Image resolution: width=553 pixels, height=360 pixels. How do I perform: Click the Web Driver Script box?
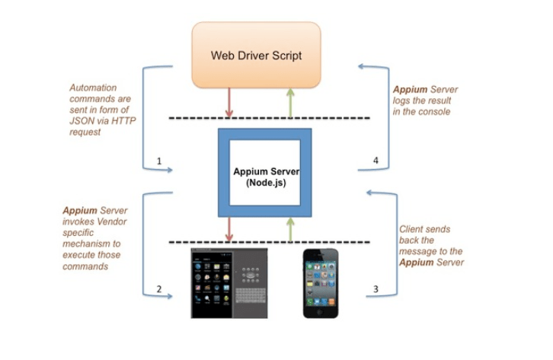coord(257,56)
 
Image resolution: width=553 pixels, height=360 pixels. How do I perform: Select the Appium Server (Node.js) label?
coord(265,177)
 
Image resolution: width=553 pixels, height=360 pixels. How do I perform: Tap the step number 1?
coord(158,161)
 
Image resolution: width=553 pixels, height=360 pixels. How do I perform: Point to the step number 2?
coord(158,290)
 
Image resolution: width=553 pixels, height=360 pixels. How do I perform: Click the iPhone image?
coord(320,283)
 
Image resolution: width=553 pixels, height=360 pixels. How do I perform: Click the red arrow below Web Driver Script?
coord(229,104)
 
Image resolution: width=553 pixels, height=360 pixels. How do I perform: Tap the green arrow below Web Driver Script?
coord(290,104)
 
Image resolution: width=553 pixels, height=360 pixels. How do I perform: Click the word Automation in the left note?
coord(93,88)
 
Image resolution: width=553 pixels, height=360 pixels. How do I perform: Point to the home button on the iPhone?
coord(320,312)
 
